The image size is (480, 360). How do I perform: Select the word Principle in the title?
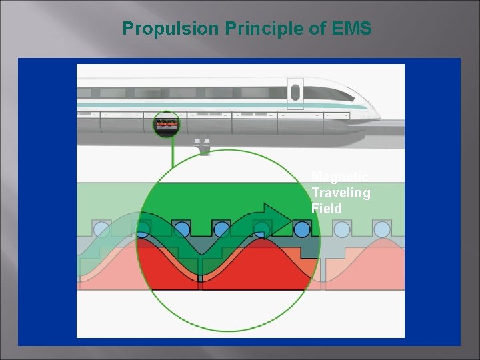point(242,29)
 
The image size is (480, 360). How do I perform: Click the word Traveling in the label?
point(341,193)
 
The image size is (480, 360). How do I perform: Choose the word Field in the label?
point(326,209)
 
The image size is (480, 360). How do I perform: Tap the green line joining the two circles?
point(173,152)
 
